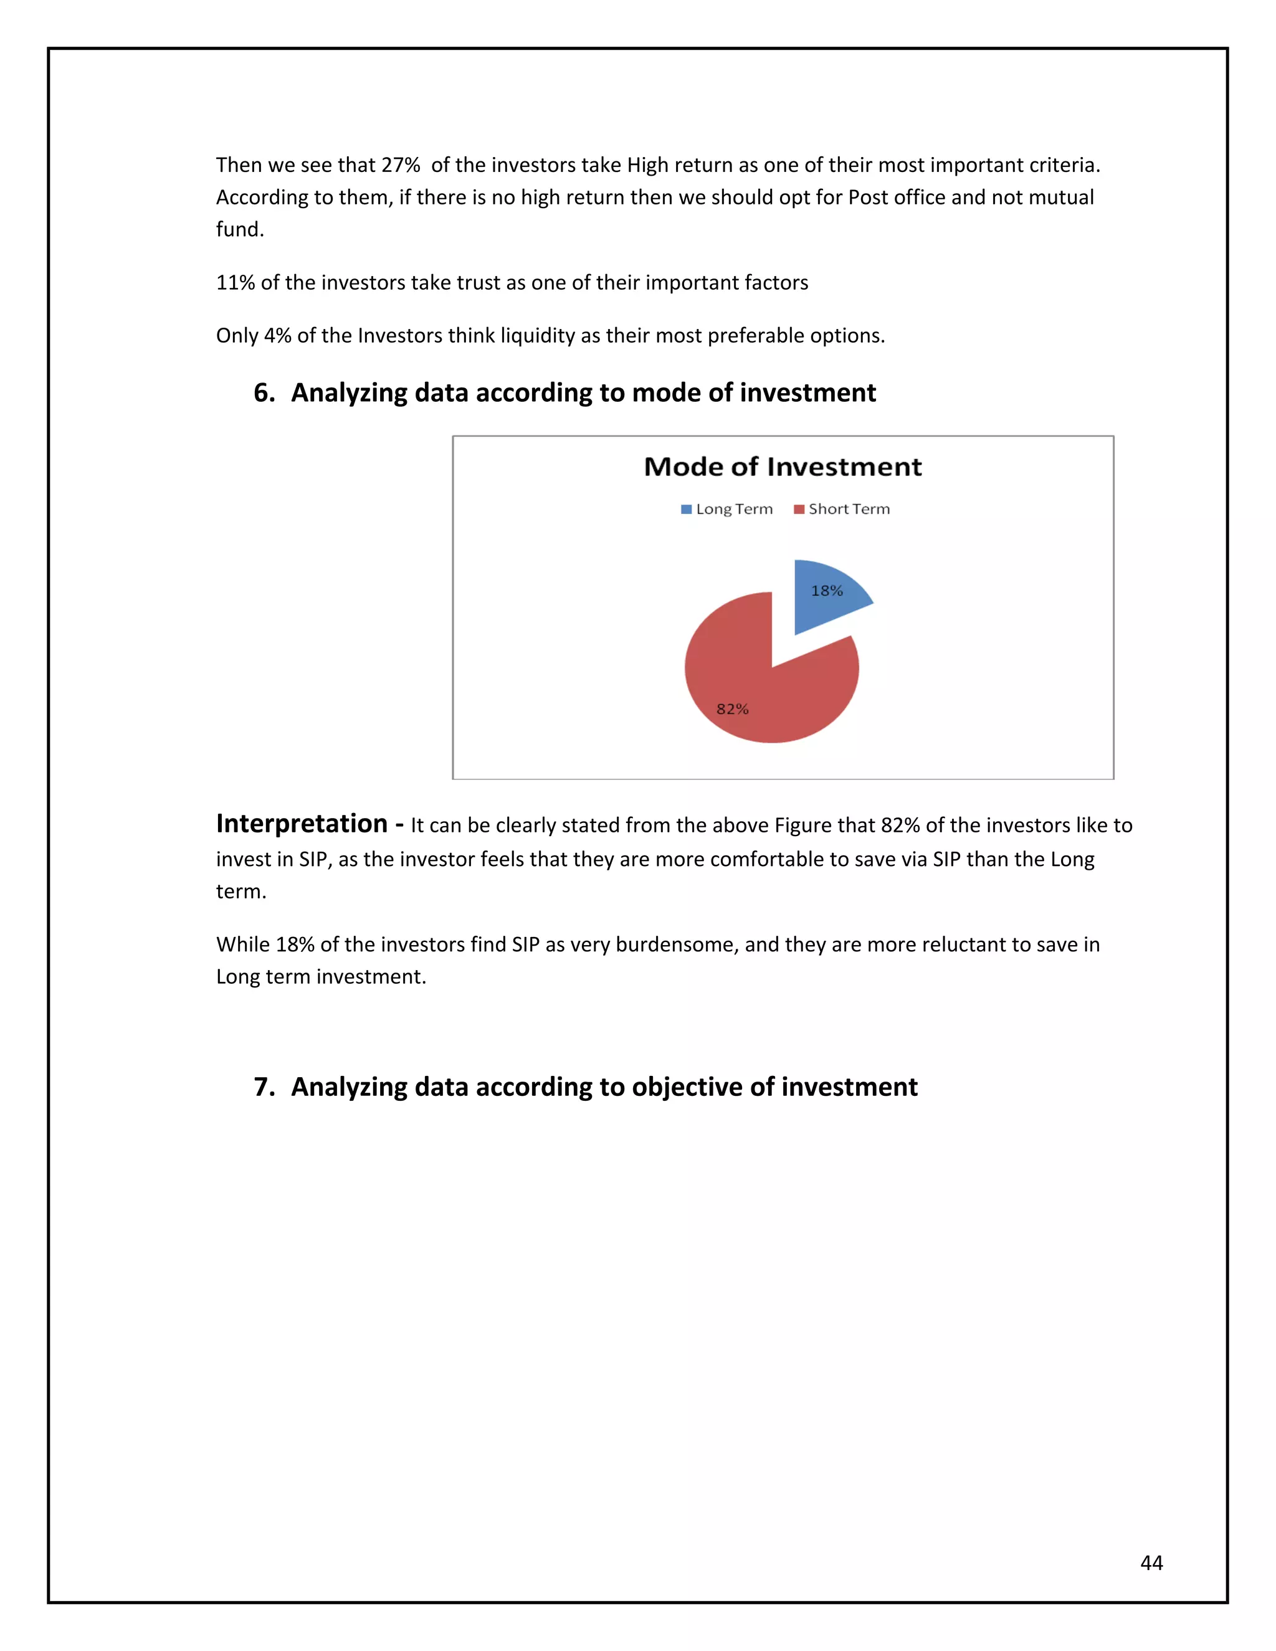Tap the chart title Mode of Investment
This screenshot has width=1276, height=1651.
point(783,467)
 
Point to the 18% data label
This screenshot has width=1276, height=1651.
point(826,591)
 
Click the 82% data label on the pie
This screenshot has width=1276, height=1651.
point(731,709)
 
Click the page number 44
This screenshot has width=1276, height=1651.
point(1151,1563)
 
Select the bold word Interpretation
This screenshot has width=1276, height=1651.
point(302,823)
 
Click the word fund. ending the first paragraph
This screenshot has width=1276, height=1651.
point(240,230)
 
